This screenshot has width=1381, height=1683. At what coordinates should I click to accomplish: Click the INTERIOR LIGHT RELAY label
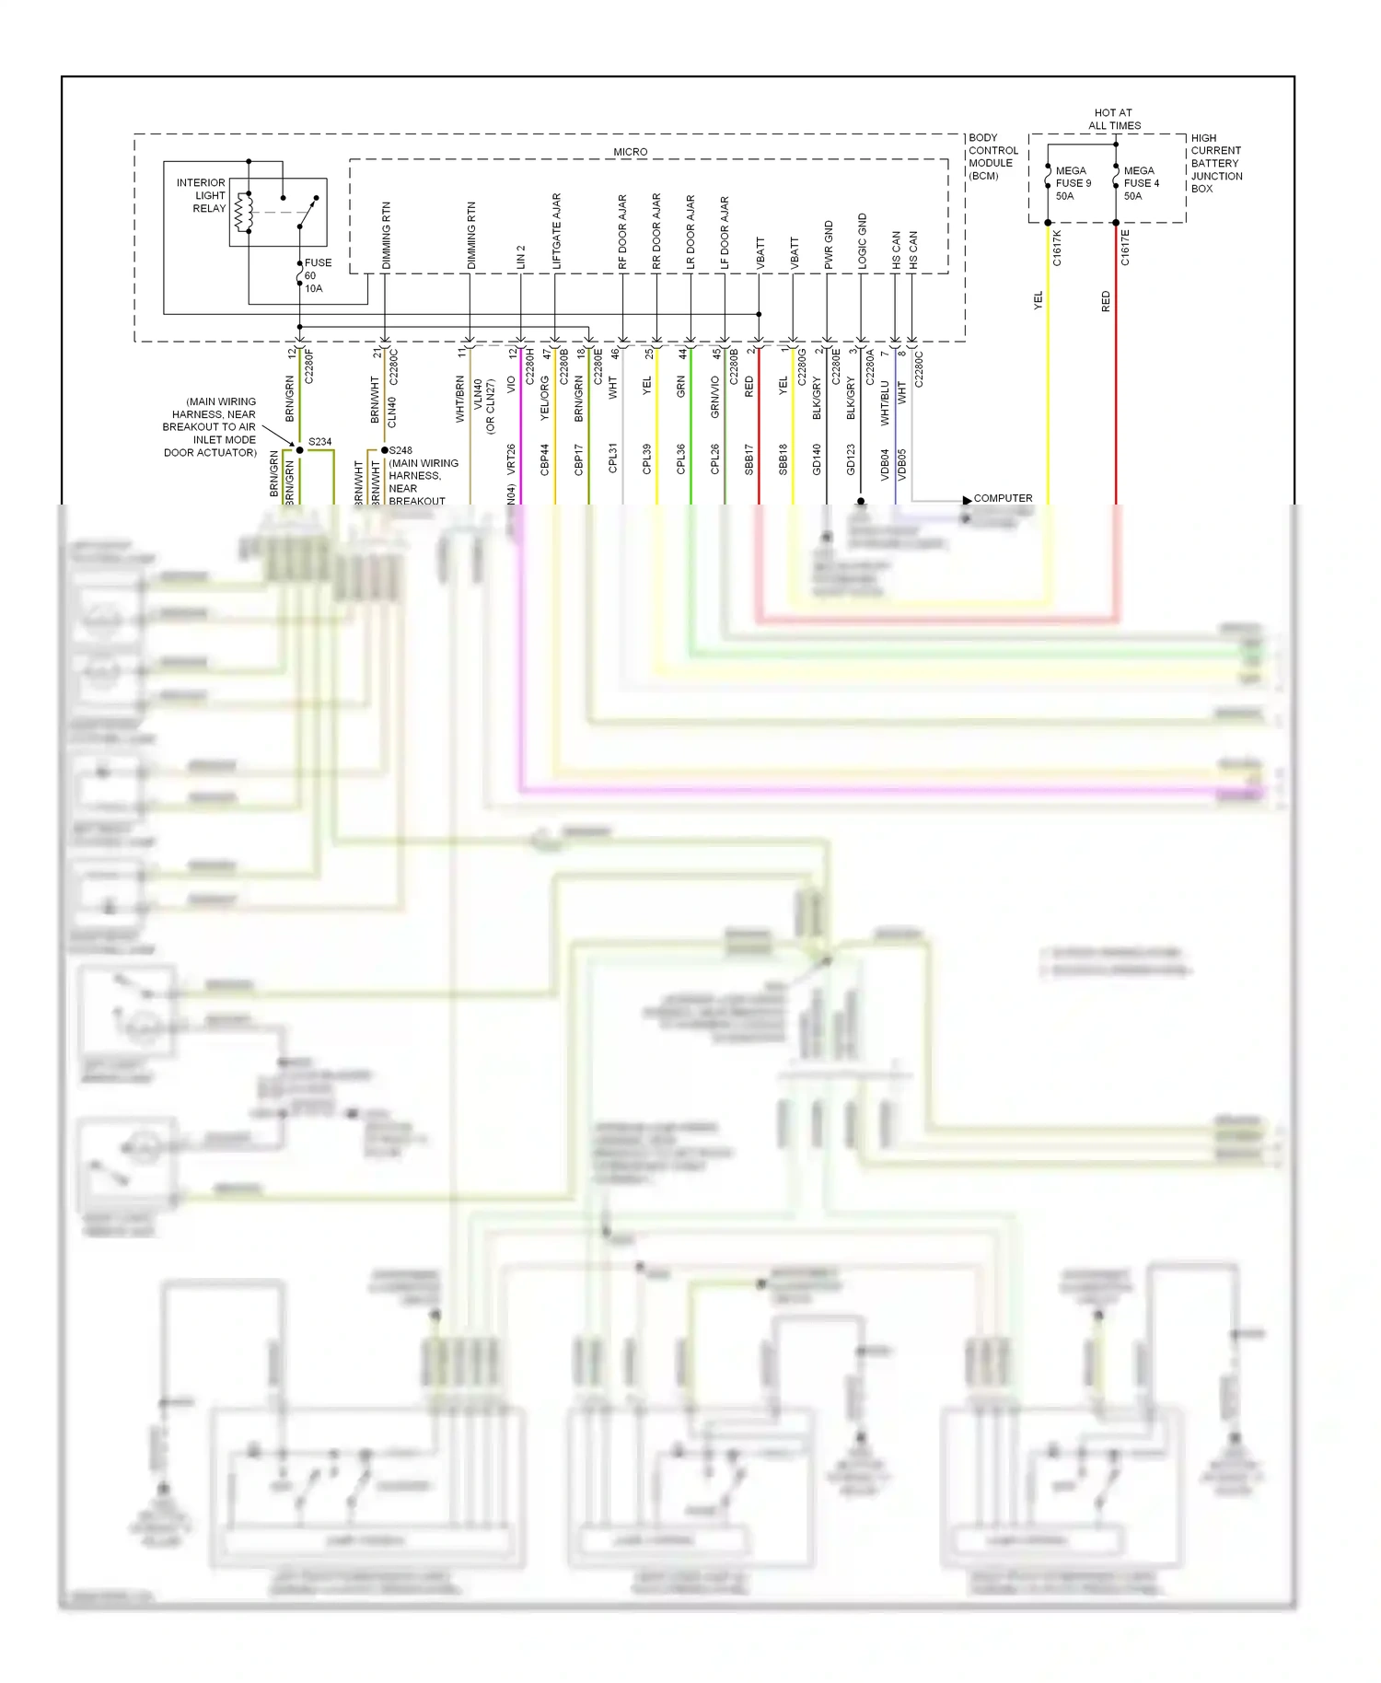(202, 195)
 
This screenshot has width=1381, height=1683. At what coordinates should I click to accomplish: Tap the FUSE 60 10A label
(318, 275)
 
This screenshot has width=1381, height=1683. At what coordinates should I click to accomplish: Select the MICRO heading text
(631, 152)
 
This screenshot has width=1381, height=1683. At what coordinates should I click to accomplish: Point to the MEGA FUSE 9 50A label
(1073, 183)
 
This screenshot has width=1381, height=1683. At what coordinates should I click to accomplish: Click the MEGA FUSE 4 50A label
(1141, 183)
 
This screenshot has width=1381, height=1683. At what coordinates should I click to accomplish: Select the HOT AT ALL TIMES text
(1114, 119)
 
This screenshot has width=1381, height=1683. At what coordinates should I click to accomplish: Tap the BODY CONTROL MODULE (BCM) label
(992, 157)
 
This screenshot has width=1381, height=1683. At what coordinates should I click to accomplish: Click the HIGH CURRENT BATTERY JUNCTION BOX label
(1215, 163)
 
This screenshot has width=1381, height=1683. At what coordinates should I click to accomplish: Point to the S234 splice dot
(299, 450)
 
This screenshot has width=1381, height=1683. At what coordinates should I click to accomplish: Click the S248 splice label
(400, 451)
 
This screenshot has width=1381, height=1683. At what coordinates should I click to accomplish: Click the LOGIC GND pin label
(863, 240)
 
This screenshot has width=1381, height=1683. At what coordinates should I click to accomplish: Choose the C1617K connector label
(1057, 249)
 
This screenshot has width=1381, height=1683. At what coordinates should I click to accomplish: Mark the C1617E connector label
(1125, 249)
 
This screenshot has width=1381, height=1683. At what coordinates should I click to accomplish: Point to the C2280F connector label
(309, 366)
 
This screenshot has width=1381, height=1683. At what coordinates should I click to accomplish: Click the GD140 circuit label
(817, 459)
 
